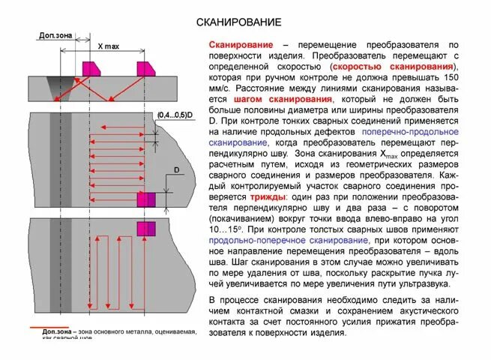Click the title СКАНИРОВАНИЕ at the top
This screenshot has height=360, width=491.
[x=238, y=22]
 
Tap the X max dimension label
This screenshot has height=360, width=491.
[x=109, y=46]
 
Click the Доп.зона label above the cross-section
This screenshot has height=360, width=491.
[x=51, y=35]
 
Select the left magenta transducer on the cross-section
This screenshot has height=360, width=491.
[x=91, y=68]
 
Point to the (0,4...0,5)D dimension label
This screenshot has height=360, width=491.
[x=175, y=115]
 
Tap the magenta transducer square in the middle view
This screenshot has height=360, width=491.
[x=145, y=199]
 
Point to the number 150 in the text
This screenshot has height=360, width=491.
[x=451, y=77]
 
